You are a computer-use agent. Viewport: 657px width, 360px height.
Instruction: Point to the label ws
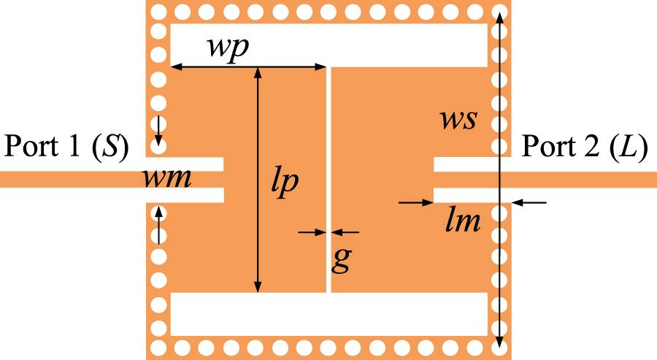458,119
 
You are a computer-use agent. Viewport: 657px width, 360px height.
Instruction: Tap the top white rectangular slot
329,44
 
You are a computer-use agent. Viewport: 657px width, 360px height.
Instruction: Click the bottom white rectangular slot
329,314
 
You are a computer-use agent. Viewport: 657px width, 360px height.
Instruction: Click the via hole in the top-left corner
157,12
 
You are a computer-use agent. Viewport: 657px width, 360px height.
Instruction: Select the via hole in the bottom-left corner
157,345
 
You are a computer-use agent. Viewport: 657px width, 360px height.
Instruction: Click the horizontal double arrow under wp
248,67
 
